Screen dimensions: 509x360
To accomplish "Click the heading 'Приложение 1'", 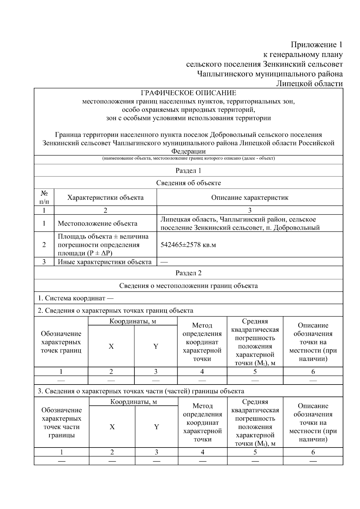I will [316, 45].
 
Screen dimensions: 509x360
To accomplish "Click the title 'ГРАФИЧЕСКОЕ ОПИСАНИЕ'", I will [188, 93].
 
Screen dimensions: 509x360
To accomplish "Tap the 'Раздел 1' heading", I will [188, 171].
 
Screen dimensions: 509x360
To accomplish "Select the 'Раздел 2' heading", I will [188, 273].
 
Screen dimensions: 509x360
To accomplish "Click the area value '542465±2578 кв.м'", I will [188, 245].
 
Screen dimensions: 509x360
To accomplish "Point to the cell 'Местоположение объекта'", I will [97, 223].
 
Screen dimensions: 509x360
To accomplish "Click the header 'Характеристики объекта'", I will [105, 198].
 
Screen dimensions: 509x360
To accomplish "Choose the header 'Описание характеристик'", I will [250, 198].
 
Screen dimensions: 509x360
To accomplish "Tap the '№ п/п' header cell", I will [44, 197].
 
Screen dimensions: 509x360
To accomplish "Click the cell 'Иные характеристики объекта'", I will [105, 262].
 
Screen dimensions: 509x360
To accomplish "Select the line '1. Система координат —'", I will [76, 298].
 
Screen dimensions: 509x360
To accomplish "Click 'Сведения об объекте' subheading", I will [188, 183].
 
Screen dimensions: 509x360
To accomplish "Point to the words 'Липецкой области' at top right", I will [309, 84].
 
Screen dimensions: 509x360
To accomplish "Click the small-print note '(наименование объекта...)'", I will [188, 158].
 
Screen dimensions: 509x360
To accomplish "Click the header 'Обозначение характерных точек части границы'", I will [61, 423].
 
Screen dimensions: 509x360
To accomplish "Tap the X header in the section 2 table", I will [111, 346].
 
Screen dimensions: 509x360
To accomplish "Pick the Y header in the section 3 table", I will [156, 427].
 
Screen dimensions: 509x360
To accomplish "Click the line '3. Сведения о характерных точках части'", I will [141, 391].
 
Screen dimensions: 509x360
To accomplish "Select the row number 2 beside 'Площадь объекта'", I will [44, 245].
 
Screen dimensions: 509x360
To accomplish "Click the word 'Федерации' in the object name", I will [188, 151].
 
